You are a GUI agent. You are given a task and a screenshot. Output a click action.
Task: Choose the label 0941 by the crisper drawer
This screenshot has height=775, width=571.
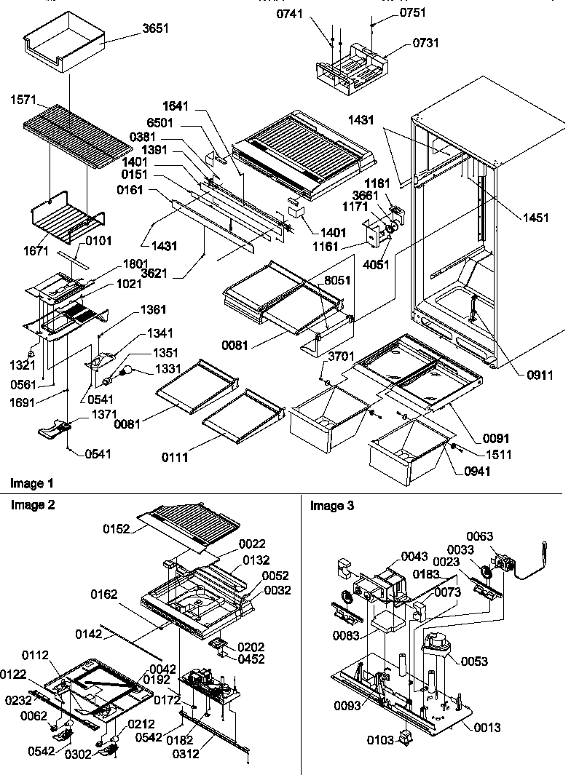coord(478,471)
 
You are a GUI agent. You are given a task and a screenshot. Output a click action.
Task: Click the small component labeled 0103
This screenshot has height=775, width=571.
coord(403,740)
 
